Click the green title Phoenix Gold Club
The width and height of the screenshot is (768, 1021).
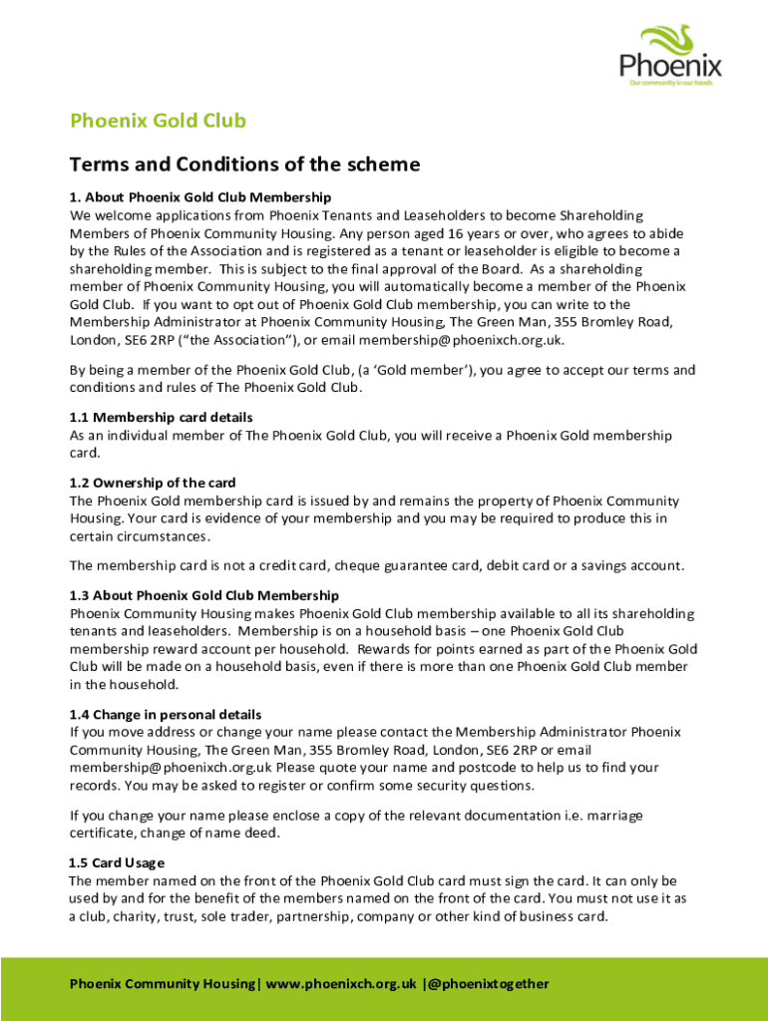click(158, 122)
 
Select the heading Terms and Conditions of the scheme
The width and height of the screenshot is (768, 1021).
click(244, 165)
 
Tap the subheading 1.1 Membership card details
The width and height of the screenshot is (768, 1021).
click(161, 417)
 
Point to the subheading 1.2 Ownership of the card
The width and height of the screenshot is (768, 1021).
click(153, 483)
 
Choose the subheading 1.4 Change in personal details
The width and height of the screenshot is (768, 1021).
click(165, 714)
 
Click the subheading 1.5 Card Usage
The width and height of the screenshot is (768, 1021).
click(116, 862)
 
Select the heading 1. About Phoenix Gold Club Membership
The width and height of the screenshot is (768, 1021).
click(199, 196)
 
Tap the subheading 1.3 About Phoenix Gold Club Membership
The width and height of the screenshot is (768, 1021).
click(204, 595)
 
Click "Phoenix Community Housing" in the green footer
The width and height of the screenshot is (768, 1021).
click(162, 984)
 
